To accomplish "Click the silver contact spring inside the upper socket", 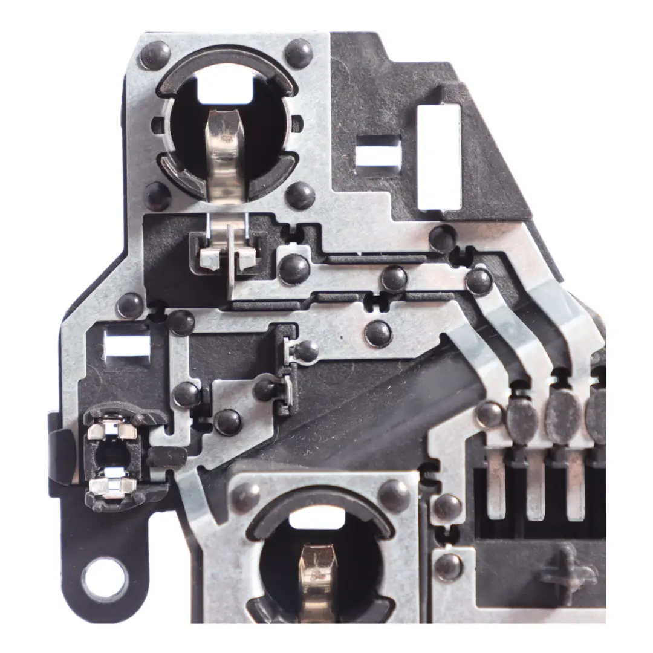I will pos(224,151).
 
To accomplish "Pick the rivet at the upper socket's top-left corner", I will pos(155,55).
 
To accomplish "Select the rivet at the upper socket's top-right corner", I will pos(299,53).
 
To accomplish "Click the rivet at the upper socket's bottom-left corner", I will pos(157,196).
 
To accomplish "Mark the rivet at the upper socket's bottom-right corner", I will pos(301,195).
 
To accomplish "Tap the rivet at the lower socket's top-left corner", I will pos(246,497).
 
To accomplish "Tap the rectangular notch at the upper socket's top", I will pos(225,89).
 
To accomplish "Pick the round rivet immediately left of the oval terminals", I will pos(490,415).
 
